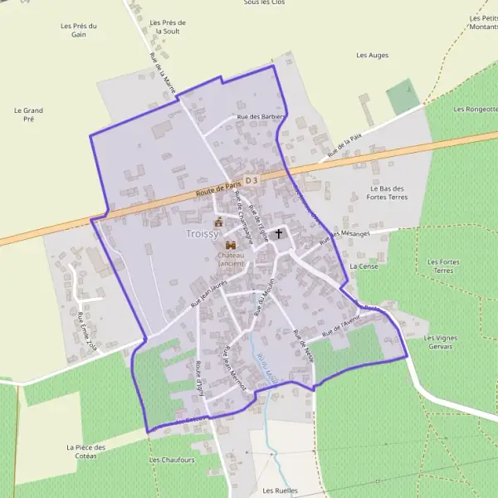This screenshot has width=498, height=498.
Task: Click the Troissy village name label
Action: pos(203,235)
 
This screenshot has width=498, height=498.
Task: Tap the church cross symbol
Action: pos(280,234)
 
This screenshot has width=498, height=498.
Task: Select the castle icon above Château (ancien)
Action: pos(230,246)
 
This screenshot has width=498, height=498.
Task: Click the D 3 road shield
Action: pos(252,180)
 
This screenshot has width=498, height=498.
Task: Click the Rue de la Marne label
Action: pos(164,74)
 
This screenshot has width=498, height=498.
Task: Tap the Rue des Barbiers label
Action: pos(261,117)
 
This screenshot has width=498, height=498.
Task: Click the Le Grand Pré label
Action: pos(28,115)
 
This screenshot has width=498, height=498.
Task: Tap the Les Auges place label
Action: pos(372,56)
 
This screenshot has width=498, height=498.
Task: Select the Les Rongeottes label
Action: pos(475,109)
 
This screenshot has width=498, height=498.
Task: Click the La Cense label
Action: pos(364,266)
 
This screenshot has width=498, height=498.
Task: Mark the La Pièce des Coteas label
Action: pos(86,452)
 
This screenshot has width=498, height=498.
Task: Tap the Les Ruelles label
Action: pos(280,491)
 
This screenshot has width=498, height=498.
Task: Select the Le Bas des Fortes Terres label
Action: pos(388,193)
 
